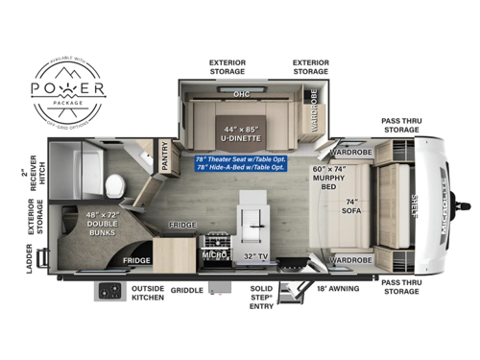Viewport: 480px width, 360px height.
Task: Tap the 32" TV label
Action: tap(256, 256)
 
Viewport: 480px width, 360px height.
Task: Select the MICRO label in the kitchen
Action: tap(214, 255)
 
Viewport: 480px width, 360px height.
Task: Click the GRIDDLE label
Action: tap(185, 289)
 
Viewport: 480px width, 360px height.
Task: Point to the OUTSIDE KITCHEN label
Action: tap(147, 293)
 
